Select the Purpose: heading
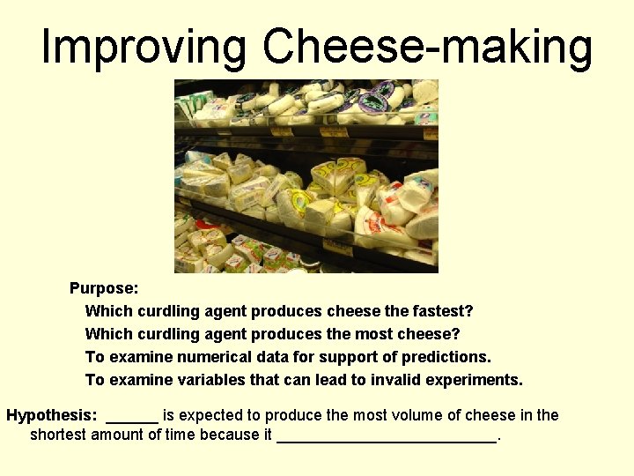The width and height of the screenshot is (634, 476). point(104,288)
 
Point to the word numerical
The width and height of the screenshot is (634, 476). point(211,357)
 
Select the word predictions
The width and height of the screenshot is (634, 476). point(446,357)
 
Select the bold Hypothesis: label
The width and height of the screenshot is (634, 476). point(52,415)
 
